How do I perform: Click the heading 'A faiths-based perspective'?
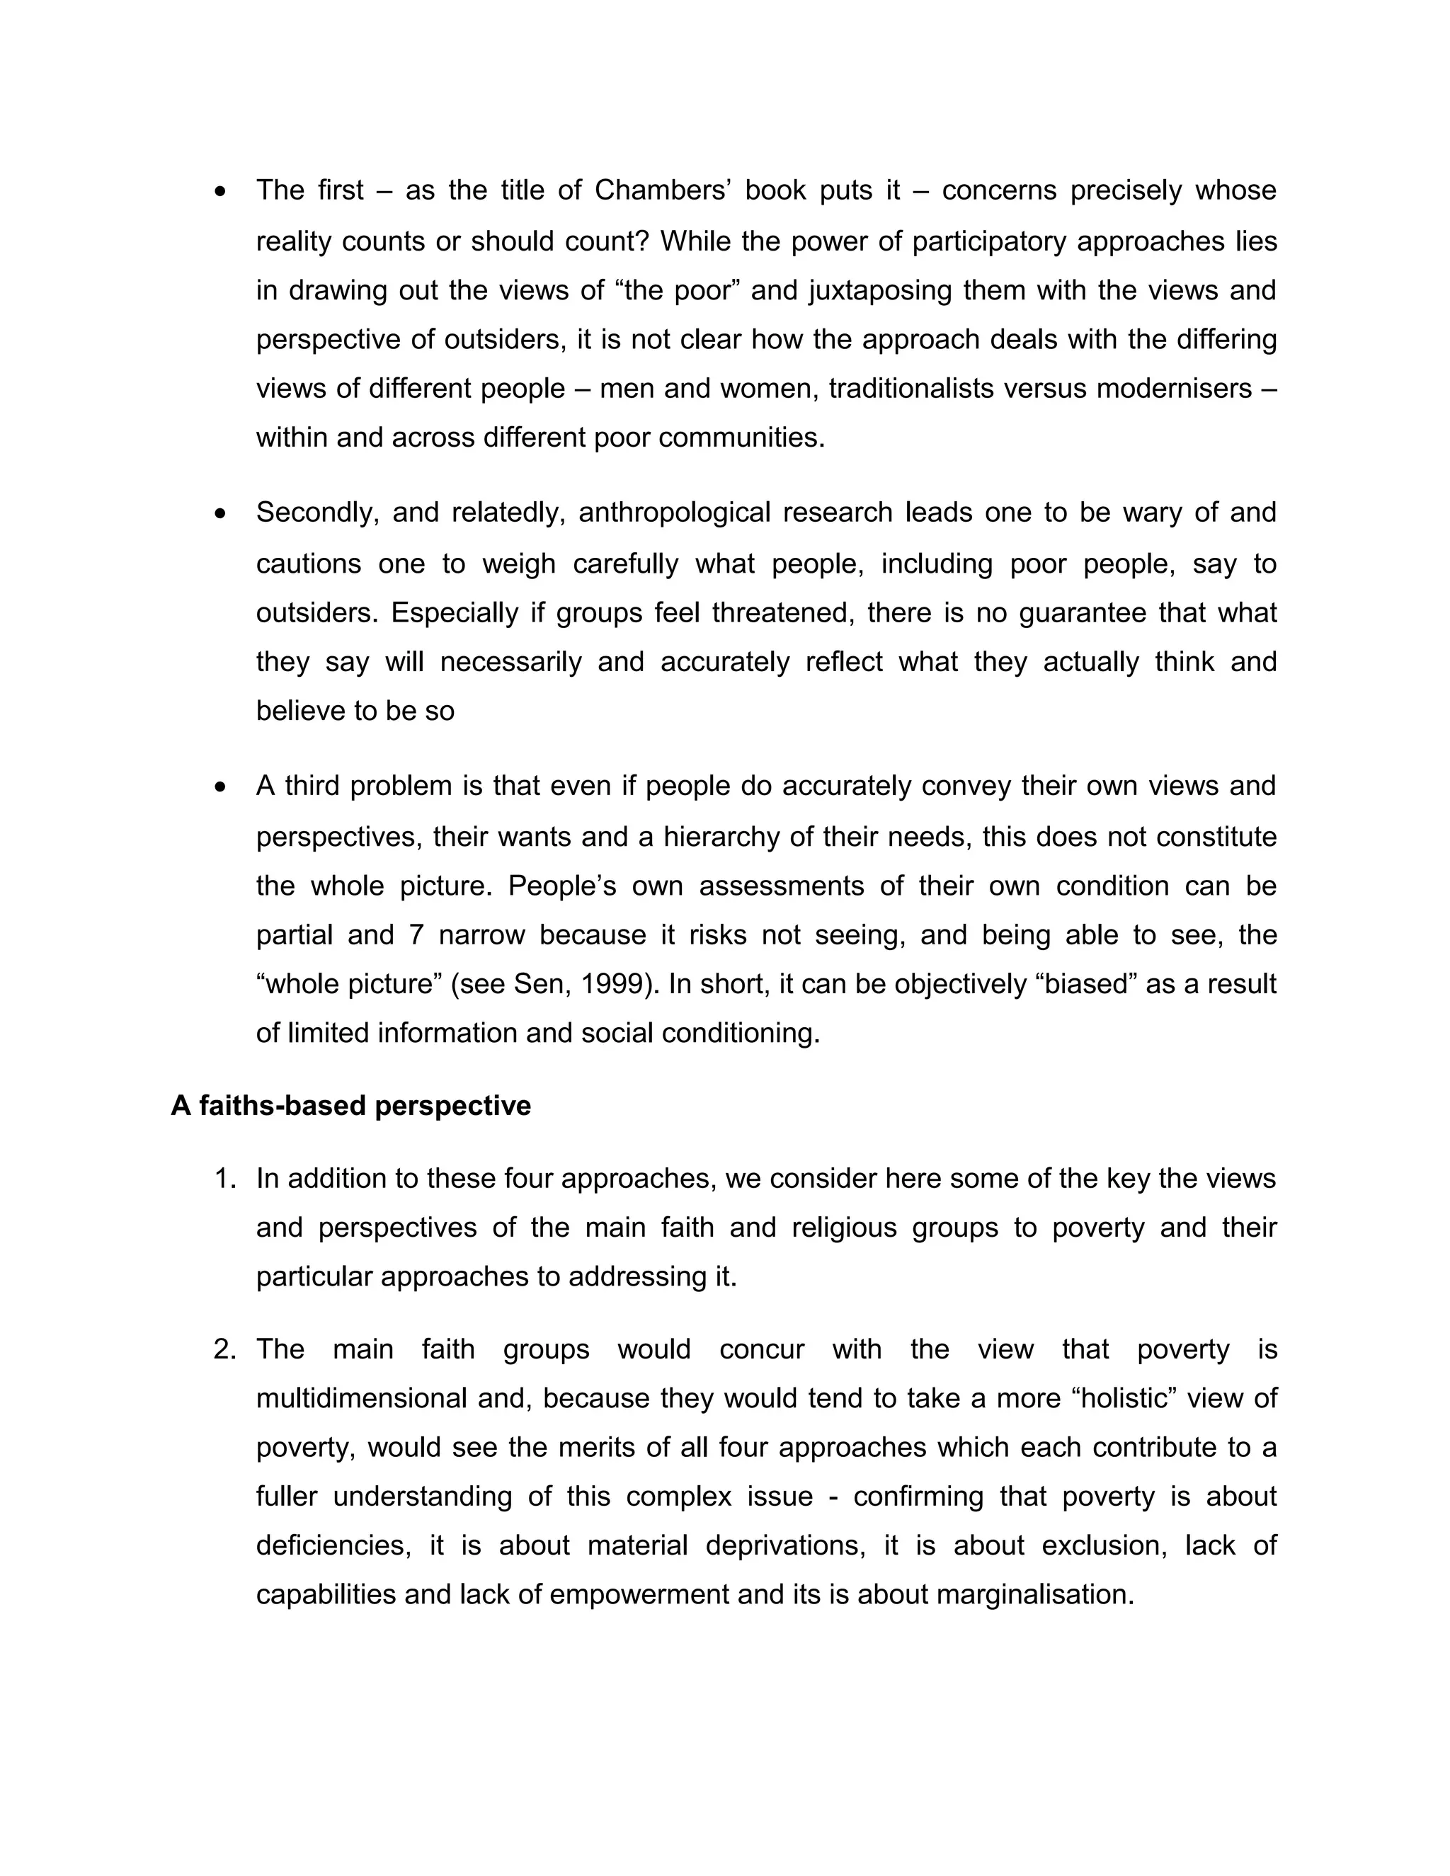[350, 1106]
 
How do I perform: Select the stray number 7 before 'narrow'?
[416, 934]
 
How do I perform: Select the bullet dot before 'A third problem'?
[222, 787]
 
